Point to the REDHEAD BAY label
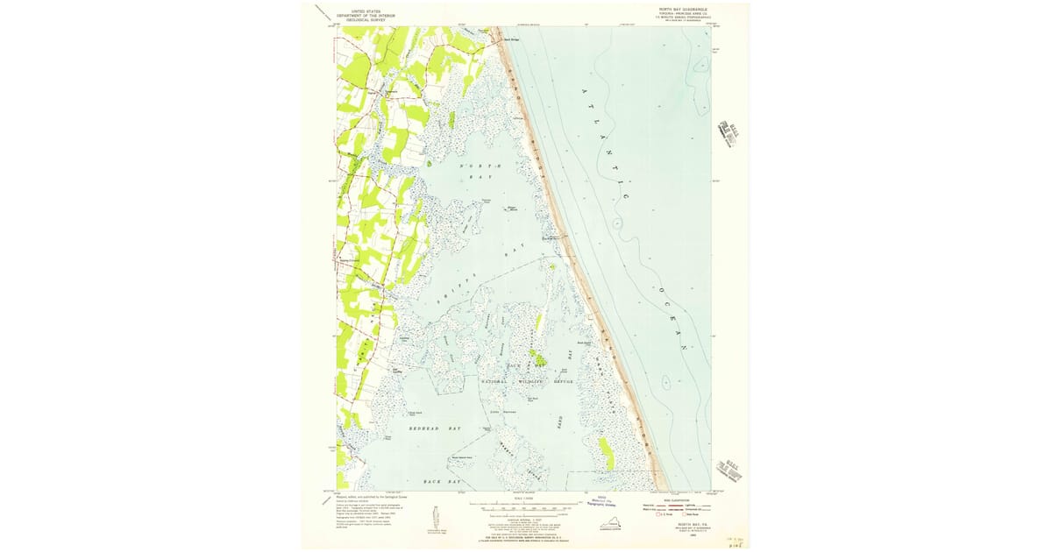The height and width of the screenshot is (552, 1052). click(435, 428)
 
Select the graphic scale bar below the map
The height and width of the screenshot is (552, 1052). click(523, 507)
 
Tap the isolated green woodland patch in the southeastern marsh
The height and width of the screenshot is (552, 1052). click(605, 453)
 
